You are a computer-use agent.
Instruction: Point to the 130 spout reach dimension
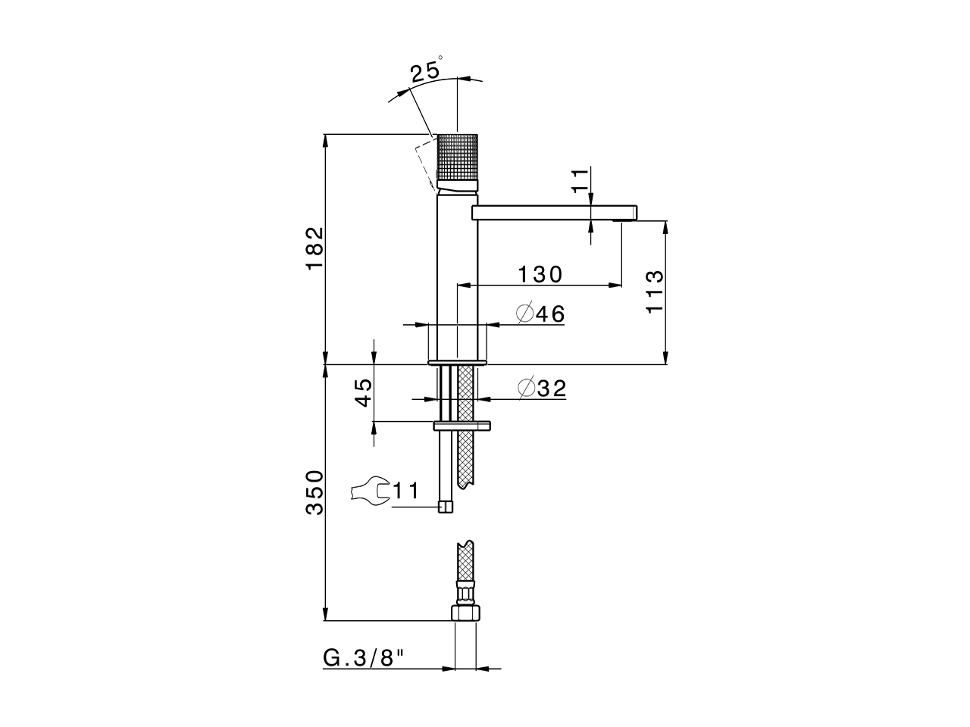click(x=540, y=274)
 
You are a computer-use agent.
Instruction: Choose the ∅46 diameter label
click(x=540, y=314)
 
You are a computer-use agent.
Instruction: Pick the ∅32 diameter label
click(x=542, y=388)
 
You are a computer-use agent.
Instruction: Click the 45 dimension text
click(x=364, y=393)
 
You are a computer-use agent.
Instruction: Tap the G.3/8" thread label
click(x=364, y=658)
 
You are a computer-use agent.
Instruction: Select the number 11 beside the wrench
click(x=405, y=491)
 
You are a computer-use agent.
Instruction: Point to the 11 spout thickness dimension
click(x=580, y=182)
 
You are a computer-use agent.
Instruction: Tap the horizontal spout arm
click(x=546, y=213)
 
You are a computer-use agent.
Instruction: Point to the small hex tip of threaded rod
click(x=446, y=507)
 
